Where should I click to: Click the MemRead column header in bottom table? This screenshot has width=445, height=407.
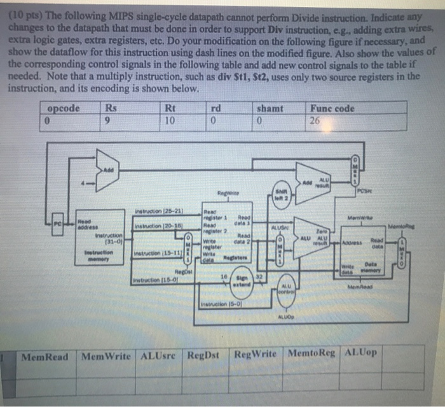[x=44, y=355]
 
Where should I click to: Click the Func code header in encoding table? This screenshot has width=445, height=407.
[x=332, y=108]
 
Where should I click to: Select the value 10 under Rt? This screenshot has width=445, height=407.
[x=169, y=121]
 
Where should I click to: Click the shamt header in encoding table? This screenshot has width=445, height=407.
[x=271, y=108]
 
